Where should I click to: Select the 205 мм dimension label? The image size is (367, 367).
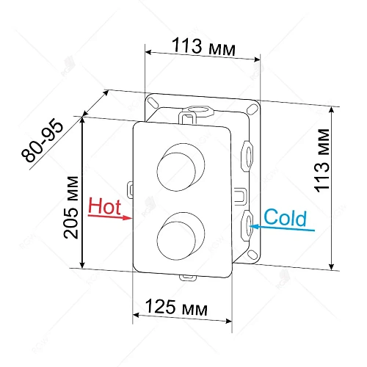[70, 208]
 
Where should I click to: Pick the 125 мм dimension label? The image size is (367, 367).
[175, 305]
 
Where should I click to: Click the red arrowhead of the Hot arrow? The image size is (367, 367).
[129, 218]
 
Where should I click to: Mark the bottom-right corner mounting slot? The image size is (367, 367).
[251, 256]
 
